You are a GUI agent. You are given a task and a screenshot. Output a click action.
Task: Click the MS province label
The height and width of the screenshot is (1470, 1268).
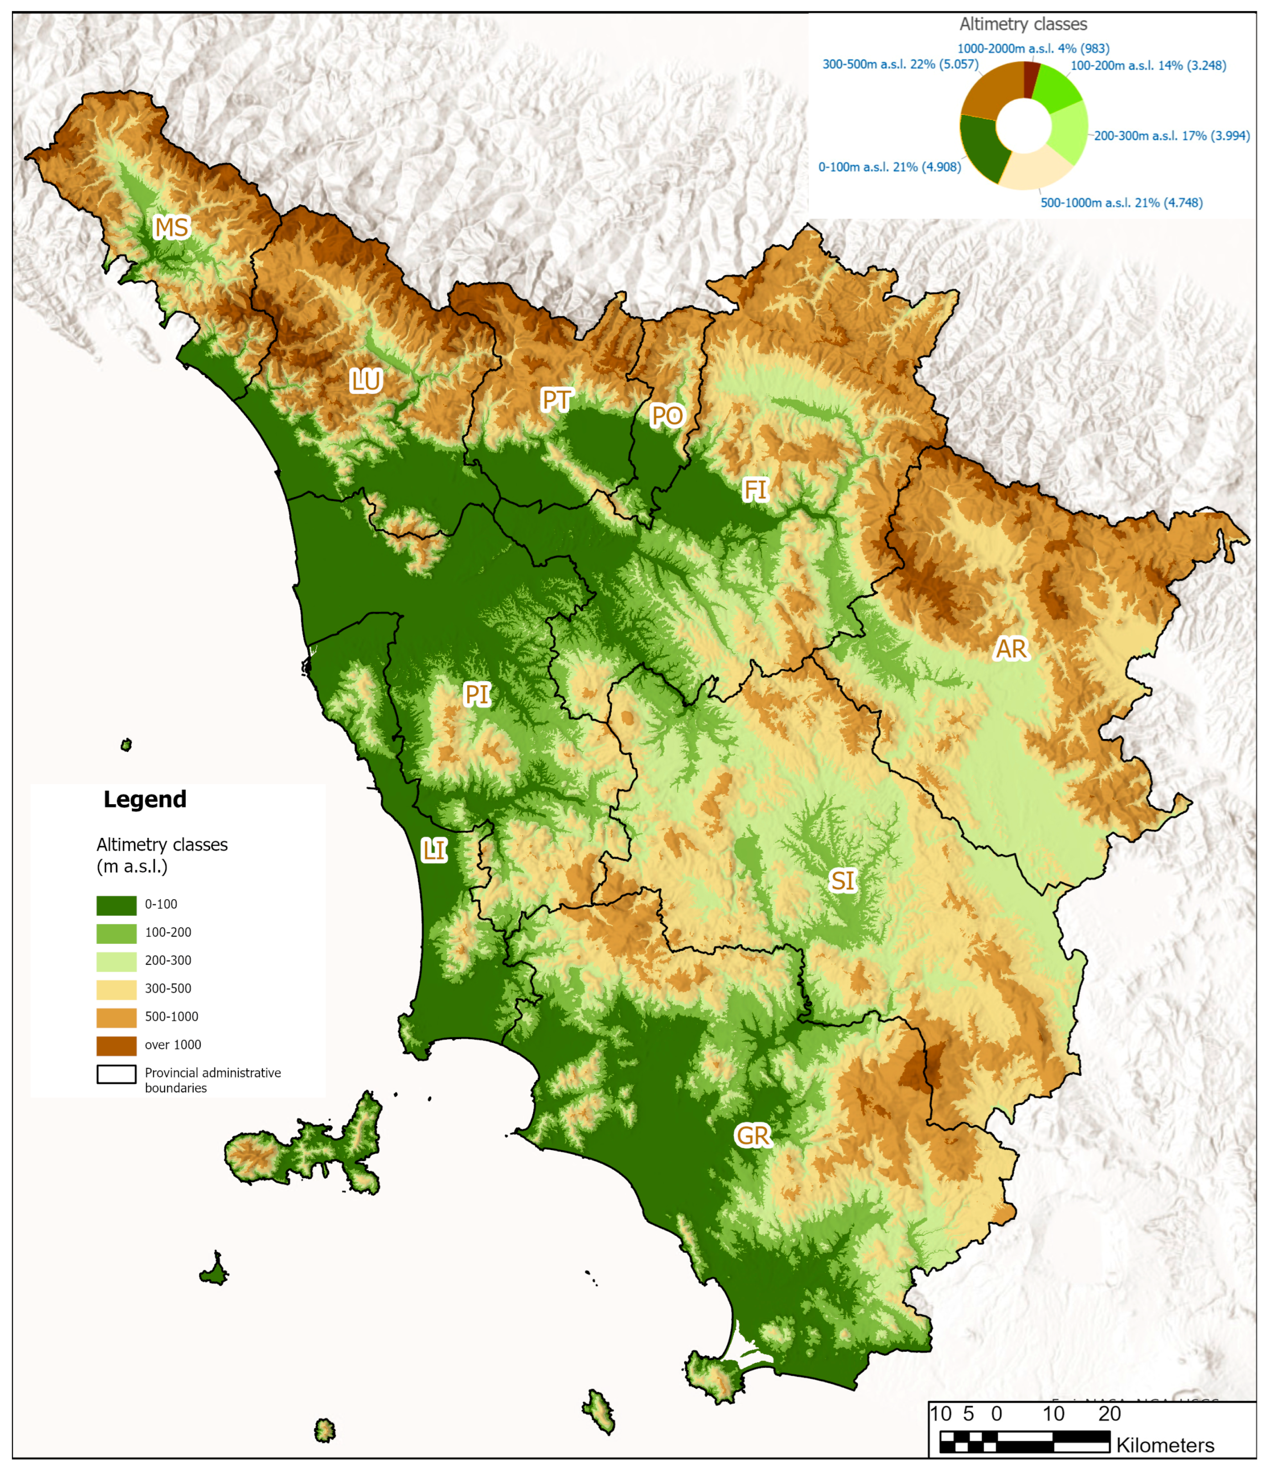pyautogui.click(x=171, y=228)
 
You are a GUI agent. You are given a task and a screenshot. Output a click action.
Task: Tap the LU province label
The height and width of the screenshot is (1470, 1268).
pyautogui.click(x=366, y=381)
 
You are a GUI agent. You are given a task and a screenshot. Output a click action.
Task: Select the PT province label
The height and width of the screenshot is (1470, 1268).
pyautogui.click(x=556, y=400)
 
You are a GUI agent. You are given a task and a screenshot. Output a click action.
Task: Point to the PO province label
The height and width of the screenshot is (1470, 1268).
pyautogui.click(x=667, y=416)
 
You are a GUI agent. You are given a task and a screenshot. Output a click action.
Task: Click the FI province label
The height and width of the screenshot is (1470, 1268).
pyautogui.click(x=755, y=490)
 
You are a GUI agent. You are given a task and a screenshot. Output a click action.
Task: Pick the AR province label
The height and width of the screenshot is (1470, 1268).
pyautogui.click(x=1011, y=649)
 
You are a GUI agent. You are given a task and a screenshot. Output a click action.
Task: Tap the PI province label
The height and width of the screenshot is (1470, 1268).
pyautogui.click(x=476, y=695)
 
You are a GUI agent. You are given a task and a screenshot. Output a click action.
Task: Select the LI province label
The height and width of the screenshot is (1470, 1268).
pyautogui.click(x=434, y=850)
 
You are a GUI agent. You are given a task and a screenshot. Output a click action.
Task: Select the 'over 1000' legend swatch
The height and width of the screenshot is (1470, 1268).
pyautogui.click(x=116, y=1046)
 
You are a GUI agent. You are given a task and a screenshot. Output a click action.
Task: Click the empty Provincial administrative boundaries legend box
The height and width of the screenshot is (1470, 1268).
pyautogui.click(x=116, y=1074)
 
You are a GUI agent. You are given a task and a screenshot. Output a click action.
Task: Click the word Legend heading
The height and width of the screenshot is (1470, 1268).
pyautogui.click(x=145, y=800)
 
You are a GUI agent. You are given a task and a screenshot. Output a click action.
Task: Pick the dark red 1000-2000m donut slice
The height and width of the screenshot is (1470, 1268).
pyautogui.click(x=1030, y=79)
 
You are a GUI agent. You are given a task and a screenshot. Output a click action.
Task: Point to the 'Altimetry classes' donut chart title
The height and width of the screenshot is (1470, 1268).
pyautogui.click(x=1023, y=24)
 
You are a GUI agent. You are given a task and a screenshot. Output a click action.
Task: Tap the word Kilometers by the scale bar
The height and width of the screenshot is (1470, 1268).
pyautogui.click(x=1164, y=1445)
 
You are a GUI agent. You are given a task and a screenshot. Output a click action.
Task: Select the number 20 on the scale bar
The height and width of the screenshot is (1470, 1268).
pyautogui.click(x=1109, y=1413)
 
